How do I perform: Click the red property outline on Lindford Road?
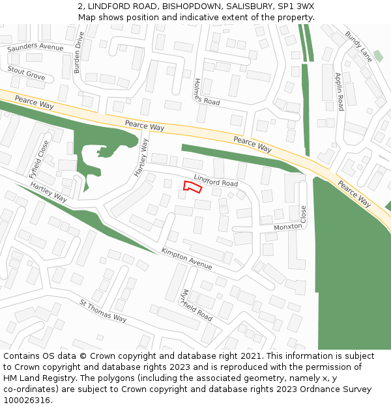[x=192, y=187]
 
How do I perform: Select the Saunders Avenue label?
[x=35, y=48]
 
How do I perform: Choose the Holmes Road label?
[x=207, y=92]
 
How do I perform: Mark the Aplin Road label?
[x=340, y=91]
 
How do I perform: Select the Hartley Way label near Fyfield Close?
[x=49, y=191]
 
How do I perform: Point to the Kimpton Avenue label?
[x=187, y=259]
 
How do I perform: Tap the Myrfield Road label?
[x=197, y=305]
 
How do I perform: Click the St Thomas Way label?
[x=103, y=311]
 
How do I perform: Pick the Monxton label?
[x=288, y=227]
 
